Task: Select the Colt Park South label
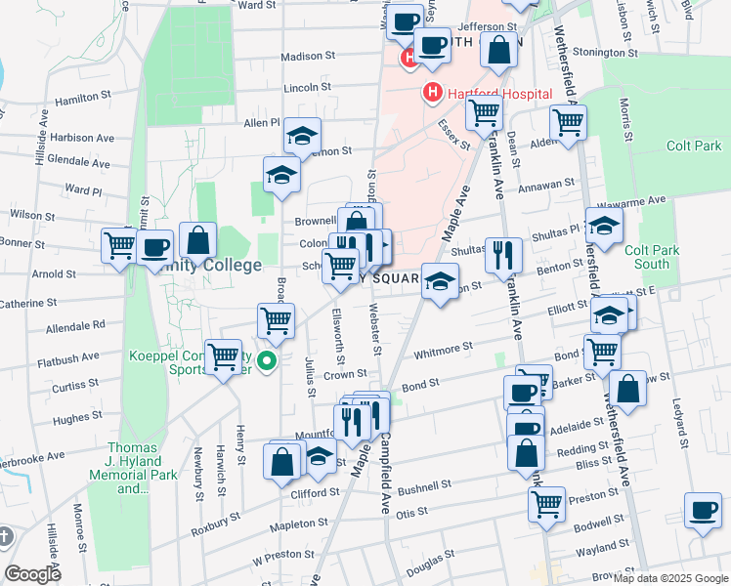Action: point(652,257)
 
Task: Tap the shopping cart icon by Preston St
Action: point(546,504)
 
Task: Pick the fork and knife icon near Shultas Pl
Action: point(503,255)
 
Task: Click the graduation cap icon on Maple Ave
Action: point(440,281)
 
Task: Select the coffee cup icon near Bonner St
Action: point(154,248)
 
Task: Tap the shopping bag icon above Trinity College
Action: point(197,240)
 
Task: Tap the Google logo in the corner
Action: point(33,574)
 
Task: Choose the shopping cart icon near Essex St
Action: point(484,114)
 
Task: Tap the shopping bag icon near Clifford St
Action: point(281,462)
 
